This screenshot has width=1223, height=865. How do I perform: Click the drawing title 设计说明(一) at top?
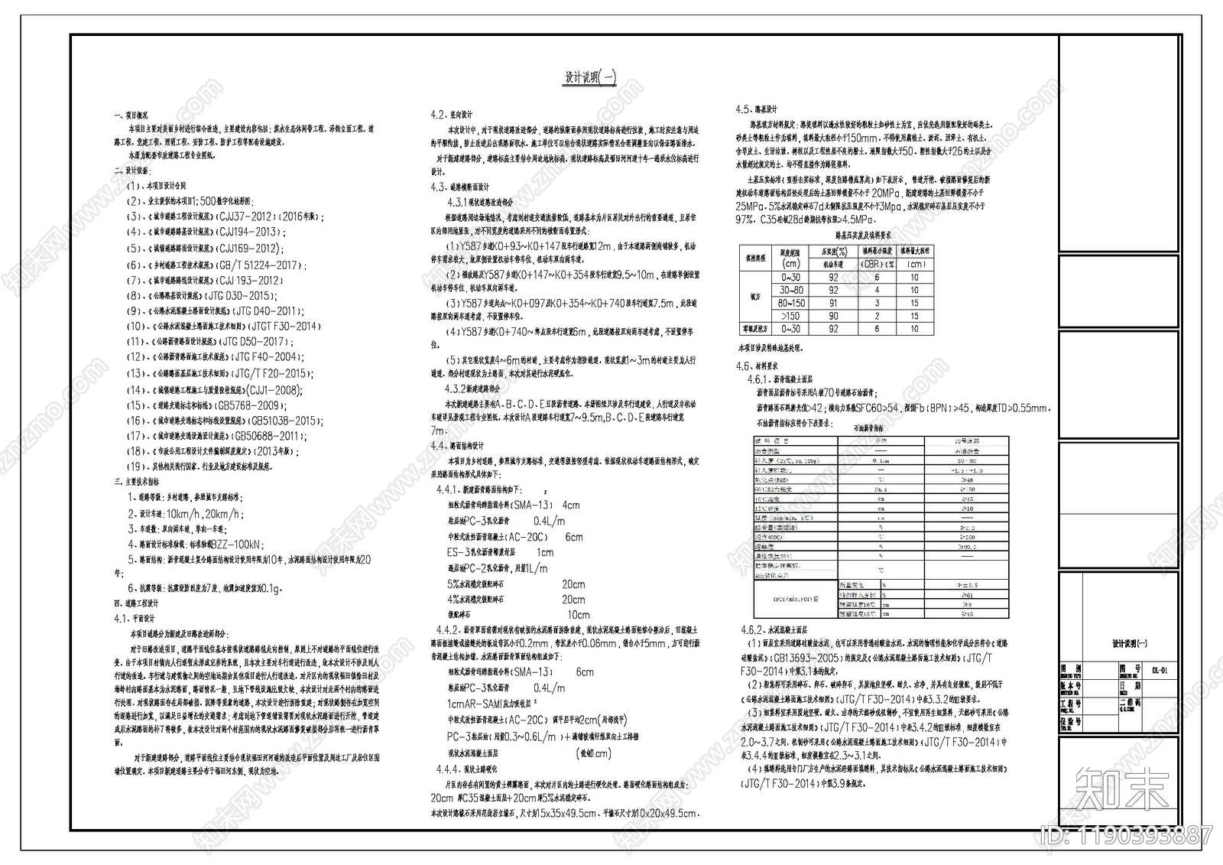click(x=590, y=77)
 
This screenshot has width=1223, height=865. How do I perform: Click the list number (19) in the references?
click(x=135, y=467)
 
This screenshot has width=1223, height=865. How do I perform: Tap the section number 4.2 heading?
click(x=438, y=115)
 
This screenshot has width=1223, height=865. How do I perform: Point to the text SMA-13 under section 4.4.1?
click(x=530, y=506)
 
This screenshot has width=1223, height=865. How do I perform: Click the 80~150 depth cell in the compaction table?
click(x=790, y=303)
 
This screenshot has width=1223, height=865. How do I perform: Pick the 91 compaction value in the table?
click(x=833, y=303)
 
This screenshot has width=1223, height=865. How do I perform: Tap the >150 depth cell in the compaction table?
click(x=790, y=316)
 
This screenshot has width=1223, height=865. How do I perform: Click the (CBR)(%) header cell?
click(x=877, y=264)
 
